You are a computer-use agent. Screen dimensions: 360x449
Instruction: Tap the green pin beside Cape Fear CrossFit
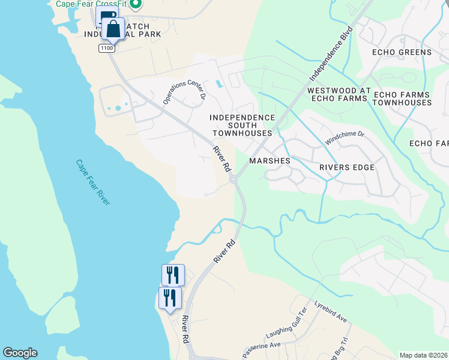coord(135,4)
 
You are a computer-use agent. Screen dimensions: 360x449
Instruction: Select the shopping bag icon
coord(113,28)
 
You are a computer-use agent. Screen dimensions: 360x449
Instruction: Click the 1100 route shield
coord(107,48)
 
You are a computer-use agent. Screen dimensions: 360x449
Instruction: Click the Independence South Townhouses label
coord(242,125)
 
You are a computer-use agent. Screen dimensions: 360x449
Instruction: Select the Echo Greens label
coord(402,52)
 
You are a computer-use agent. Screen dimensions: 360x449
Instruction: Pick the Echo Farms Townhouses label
coord(402,98)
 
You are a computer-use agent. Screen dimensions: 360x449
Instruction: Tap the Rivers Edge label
coord(347,167)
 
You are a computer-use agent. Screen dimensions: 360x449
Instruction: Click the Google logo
coord(20,353)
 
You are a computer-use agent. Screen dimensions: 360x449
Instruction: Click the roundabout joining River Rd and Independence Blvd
coord(234,179)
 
